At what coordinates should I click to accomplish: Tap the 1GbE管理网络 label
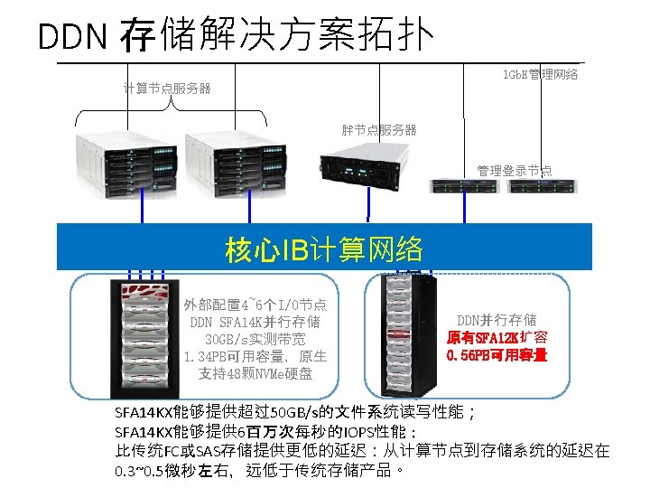point(540,74)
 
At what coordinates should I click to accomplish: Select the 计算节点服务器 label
point(167,89)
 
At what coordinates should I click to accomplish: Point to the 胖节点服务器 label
point(379,130)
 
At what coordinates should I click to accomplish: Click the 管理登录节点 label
point(514,170)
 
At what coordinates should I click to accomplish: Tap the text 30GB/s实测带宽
point(255,339)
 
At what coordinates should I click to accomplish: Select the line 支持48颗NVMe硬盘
point(255,373)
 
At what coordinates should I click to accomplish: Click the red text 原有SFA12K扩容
point(497,337)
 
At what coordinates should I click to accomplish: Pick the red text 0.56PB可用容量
point(497,355)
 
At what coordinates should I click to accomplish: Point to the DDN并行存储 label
point(497,320)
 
